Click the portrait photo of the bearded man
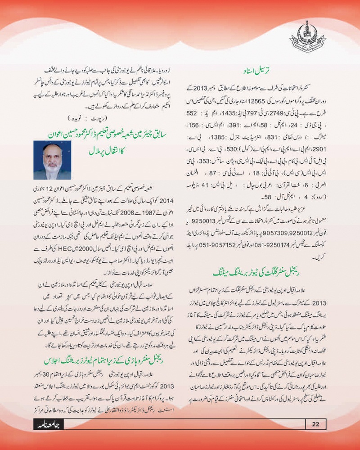[52, 161]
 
